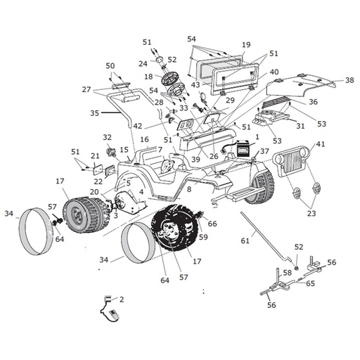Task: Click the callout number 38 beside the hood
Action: coord(349,80)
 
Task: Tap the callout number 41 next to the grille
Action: coord(321,143)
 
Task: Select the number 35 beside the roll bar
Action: coord(95,113)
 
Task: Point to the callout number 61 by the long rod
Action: coord(245,240)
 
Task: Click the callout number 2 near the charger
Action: coord(122,300)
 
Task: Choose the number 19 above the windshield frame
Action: coord(246,44)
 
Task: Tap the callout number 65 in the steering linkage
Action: coord(310,283)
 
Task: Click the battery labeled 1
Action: coord(243,148)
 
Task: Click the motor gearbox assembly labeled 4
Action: coord(130,202)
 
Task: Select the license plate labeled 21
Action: coord(98,169)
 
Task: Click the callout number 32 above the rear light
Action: coord(108,137)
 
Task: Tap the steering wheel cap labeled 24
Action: coord(160,59)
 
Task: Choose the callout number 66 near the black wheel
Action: coord(212,224)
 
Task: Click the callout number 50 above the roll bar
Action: coord(110,66)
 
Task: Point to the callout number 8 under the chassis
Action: coord(189,189)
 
